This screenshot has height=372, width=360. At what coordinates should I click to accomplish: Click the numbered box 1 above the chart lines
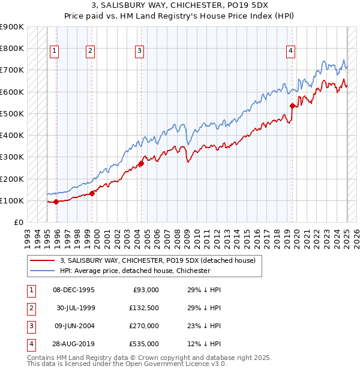[55, 52]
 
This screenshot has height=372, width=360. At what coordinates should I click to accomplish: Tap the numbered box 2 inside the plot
[90, 52]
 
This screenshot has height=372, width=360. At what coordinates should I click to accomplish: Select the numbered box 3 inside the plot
[139, 52]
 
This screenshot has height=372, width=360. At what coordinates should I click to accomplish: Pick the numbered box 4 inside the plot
[290, 52]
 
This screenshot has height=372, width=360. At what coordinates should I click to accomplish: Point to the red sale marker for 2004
[141, 163]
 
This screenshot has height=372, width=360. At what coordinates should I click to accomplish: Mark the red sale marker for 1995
[56, 202]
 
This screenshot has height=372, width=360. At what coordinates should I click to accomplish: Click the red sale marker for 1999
[92, 193]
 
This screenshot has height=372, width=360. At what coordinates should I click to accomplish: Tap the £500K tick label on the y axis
[11, 113]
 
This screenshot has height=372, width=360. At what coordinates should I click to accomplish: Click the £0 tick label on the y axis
[18, 222]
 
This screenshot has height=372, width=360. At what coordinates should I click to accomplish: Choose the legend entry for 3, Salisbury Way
[158, 260]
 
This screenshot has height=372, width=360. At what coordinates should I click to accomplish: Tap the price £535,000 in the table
[145, 344]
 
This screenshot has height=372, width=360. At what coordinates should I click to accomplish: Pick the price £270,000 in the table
[145, 326]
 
